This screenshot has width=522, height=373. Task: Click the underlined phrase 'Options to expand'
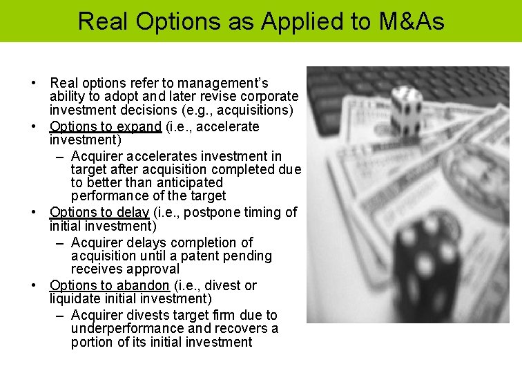click(x=106, y=127)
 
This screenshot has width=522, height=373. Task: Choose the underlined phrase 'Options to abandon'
click(x=109, y=286)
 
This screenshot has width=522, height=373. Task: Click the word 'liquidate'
click(x=75, y=299)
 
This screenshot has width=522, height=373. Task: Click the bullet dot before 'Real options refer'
click(x=33, y=84)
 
